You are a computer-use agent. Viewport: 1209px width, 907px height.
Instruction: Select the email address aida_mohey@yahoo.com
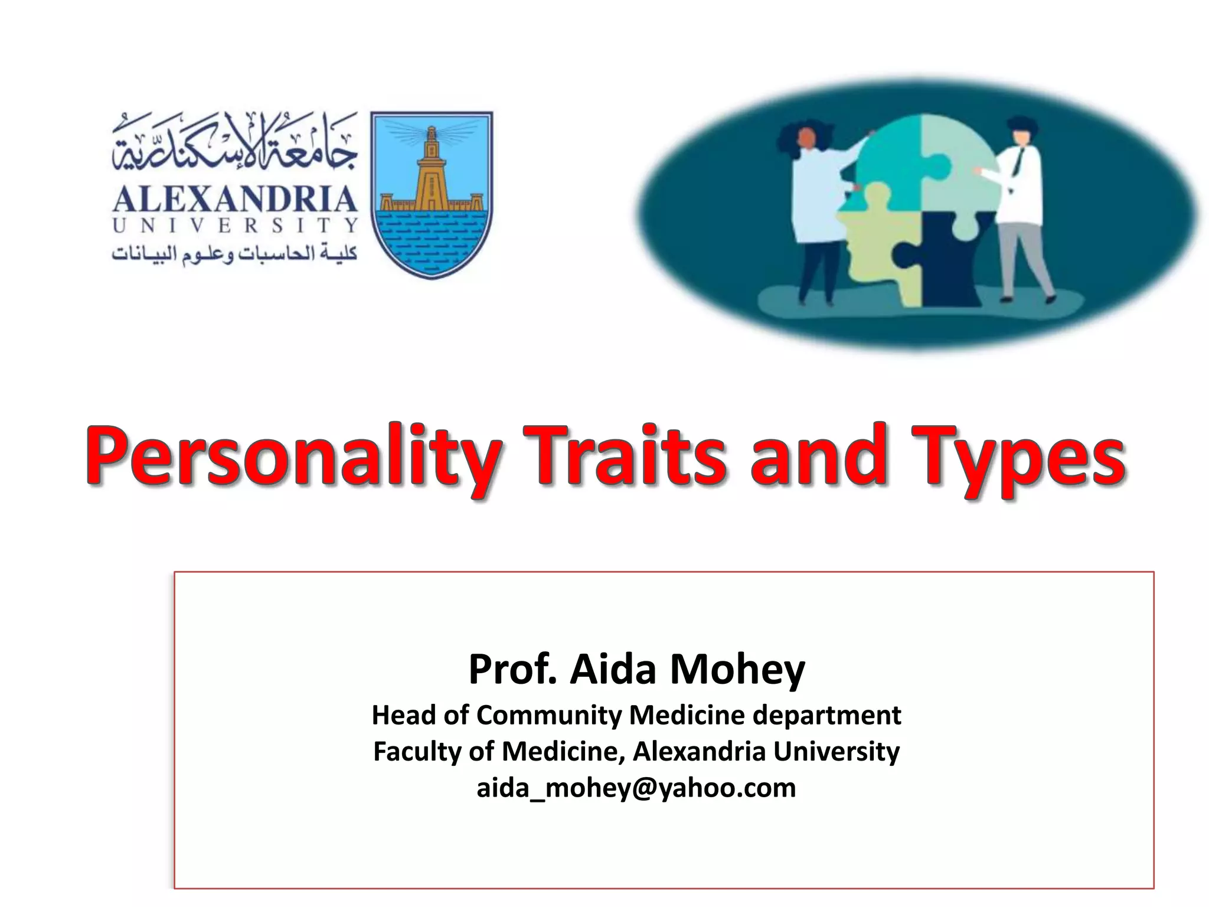(636, 788)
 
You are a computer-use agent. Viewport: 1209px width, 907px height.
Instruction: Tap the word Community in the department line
(548, 715)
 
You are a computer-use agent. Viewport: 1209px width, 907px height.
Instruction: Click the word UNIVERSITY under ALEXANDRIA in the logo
(235, 226)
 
